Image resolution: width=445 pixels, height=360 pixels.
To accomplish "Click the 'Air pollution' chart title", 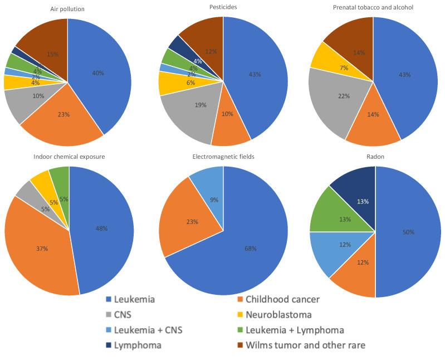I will [x=68, y=8].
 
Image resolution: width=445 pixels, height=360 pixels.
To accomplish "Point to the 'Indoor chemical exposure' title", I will [x=70, y=157].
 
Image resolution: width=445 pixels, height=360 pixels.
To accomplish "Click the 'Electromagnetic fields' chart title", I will [x=223, y=157].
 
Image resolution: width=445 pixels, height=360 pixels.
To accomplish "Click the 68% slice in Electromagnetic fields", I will [x=239, y=245].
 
